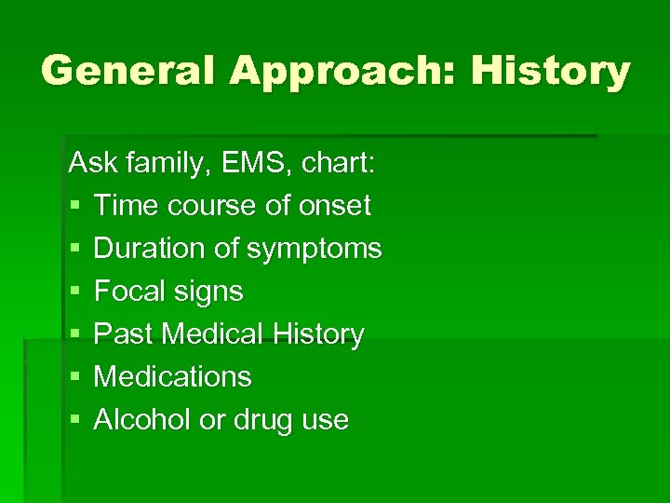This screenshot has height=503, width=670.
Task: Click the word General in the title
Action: click(126, 71)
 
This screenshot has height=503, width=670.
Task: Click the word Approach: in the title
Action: click(339, 71)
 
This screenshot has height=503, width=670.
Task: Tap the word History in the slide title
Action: click(550, 71)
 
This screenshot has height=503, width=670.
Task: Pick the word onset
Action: click(335, 206)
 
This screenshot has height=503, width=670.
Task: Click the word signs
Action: click(213, 292)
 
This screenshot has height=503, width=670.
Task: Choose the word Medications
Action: click(173, 377)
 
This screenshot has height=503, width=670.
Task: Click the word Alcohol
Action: click(144, 420)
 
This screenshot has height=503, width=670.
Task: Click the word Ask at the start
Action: click(89, 163)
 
